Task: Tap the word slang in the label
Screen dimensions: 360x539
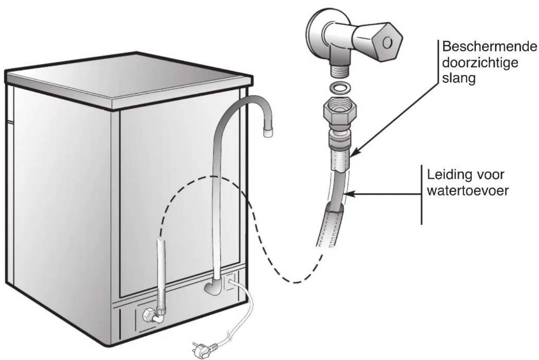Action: click(x=459, y=78)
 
